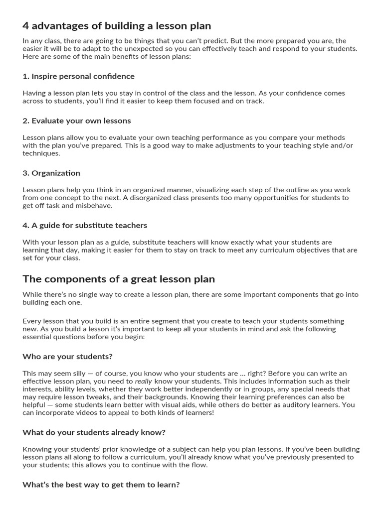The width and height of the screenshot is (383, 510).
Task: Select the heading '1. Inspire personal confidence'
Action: click(x=78, y=76)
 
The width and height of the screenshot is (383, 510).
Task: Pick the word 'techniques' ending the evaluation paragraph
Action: click(x=40, y=153)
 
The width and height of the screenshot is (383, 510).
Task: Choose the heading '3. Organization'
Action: click(x=51, y=173)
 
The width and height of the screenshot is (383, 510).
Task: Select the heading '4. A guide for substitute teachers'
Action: click(x=85, y=225)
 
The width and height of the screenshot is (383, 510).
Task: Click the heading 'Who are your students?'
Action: click(x=67, y=357)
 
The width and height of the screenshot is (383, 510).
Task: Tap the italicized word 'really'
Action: click(x=144, y=382)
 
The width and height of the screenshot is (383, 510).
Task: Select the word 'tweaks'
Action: click(x=90, y=397)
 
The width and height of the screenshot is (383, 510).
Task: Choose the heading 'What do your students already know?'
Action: click(x=94, y=432)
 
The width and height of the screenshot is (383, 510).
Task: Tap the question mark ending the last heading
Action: click(x=178, y=485)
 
